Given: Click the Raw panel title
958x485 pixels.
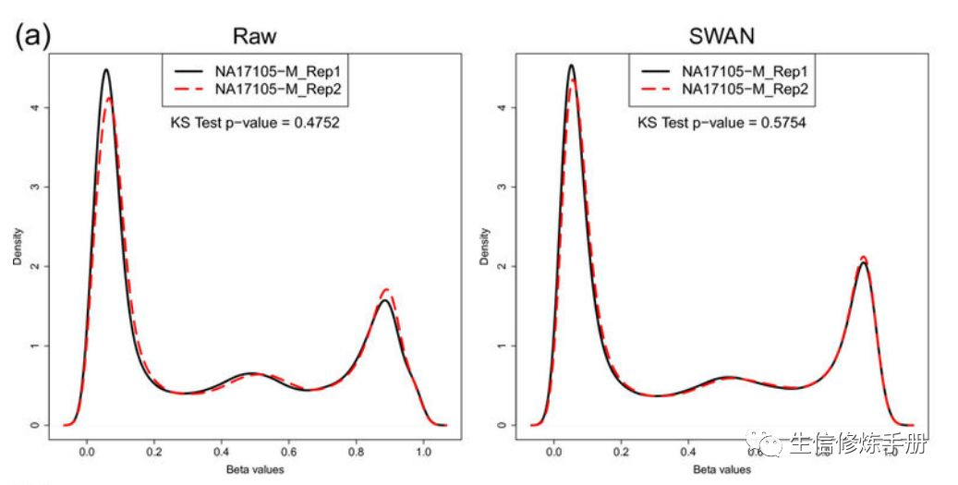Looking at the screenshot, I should point(255,37).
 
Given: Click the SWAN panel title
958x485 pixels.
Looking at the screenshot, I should point(722,37).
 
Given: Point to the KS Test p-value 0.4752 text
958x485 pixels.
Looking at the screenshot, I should point(255,122).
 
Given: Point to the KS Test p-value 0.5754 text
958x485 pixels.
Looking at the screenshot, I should point(722,122).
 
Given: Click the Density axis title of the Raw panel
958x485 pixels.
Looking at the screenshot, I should point(17,247).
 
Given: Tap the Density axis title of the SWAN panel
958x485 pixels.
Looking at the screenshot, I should point(484,247).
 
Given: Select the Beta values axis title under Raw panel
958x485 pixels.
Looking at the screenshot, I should point(255,469).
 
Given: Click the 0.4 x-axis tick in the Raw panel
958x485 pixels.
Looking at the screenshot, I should point(221,453).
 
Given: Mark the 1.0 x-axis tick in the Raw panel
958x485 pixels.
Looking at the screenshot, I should point(422,453).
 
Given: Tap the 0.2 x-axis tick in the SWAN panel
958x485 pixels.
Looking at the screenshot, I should point(621,453).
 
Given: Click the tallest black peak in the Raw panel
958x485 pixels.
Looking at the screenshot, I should point(106,70).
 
